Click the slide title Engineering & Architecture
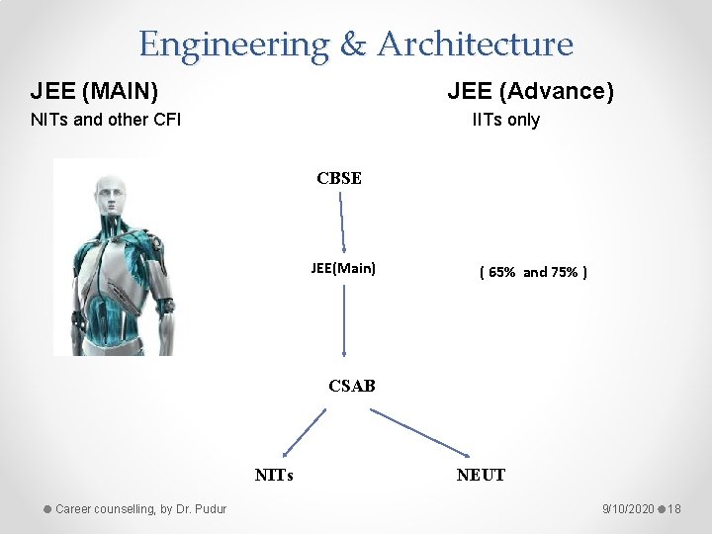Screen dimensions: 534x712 [x=355, y=44]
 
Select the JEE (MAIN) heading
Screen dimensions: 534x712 [x=94, y=92]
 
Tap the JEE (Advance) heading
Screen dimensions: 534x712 [x=530, y=92]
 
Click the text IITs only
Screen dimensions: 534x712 [x=506, y=121]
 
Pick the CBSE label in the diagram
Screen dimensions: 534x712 [x=339, y=179]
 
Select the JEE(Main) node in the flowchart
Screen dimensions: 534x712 [x=343, y=267]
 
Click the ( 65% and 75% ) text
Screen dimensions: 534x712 [x=533, y=272]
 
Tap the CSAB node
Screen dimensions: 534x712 [x=352, y=386]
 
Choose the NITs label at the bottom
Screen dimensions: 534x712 [x=274, y=475]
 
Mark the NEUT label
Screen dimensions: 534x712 [x=481, y=475]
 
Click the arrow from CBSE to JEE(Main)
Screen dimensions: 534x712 [x=342, y=223]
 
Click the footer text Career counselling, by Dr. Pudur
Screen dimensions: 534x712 [x=140, y=508]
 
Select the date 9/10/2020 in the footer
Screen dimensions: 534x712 [x=627, y=508]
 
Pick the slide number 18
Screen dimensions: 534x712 [x=674, y=508]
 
